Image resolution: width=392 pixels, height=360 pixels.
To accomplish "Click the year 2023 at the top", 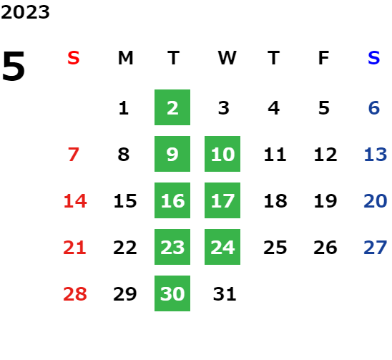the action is click(25, 12).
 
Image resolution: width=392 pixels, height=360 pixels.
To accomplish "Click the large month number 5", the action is click(14, 66).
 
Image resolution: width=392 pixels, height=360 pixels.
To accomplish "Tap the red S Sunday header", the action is click(74, 58).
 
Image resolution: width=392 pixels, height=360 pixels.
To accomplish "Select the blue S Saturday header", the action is click(373, 58).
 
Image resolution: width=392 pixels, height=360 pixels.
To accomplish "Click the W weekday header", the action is click(227, 58).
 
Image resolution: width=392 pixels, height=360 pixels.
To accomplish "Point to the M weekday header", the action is click(125, 58).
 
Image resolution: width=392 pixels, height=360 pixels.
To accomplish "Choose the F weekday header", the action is click(324, 58).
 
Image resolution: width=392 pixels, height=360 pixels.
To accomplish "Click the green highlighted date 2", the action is click(172, 107).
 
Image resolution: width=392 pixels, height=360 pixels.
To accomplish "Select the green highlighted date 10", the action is click(222, 154).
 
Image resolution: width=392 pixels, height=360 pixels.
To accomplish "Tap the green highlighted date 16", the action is click(172, 200).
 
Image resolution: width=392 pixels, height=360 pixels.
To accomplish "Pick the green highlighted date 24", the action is click(222, 247).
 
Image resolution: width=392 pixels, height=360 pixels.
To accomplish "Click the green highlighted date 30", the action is click(172, 293).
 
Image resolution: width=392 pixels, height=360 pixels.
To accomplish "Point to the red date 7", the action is click(74, 155).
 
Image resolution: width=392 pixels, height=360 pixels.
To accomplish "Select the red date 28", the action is click(75, 293).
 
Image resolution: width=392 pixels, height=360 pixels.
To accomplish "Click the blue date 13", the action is click(376, 155).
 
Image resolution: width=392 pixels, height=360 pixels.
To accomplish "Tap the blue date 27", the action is click(376, 248).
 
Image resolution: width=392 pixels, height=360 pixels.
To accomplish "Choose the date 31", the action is click(225, 293).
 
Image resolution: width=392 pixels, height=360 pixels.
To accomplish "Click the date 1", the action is click(124, 108).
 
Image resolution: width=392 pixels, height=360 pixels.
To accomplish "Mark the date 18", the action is click(275, 201).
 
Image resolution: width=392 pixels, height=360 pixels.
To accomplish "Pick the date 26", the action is click(325, 248).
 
